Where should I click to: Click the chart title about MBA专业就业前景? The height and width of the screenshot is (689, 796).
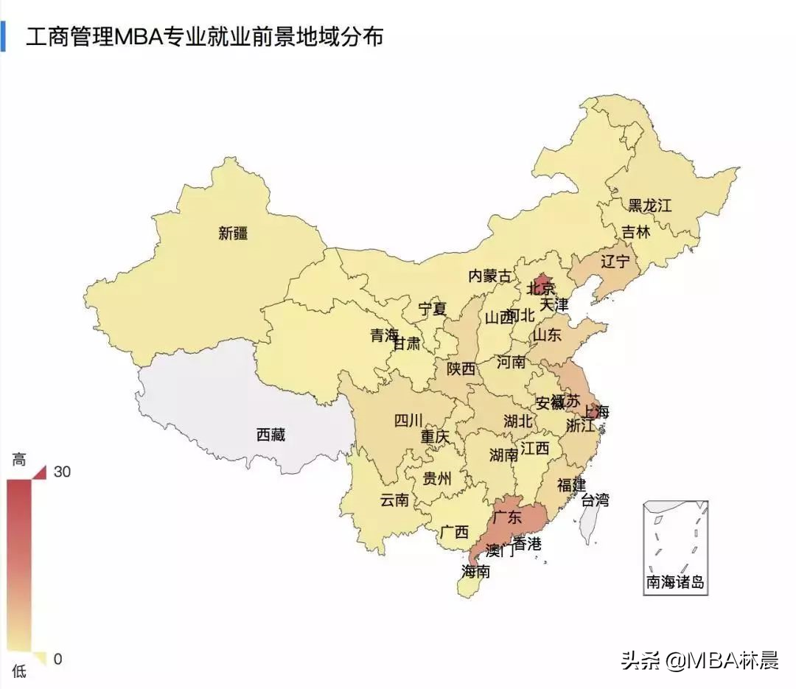tap(204, 37)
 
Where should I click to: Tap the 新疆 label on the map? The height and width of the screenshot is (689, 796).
tap(233, 234)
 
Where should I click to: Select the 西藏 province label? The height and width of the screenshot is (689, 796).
tap(270, 435)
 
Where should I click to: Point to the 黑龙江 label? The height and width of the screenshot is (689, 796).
tap(649, 205)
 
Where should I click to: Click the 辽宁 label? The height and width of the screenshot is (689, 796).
tap(615, 261)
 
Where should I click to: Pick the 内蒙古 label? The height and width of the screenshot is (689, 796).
tap(489, 276)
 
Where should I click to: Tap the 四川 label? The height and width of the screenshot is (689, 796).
tap(408, 421)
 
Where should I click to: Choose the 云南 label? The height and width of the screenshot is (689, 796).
tap(394, 500)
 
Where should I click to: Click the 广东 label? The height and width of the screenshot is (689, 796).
tap(507, 517)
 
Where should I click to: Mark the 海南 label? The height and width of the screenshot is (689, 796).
tap(476, 571)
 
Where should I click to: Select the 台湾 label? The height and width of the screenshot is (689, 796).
tap(595, 500)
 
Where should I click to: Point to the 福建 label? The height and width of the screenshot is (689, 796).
tap(571, 485)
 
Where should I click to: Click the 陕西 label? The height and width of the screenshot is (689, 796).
tap(461, 368)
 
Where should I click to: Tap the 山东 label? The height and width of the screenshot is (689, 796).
tap(547, 335)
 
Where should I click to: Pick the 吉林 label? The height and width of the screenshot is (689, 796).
tap(636, 232)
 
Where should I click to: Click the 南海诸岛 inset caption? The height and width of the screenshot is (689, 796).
tap(675, 582)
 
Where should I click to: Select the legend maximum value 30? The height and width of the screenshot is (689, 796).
tap(62, 472)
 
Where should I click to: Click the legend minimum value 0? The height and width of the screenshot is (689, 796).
tap(57, 659)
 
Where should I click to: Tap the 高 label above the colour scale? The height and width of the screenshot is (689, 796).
tap(18, 460)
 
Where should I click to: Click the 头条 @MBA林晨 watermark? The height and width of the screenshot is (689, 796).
tap(699, 660)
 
